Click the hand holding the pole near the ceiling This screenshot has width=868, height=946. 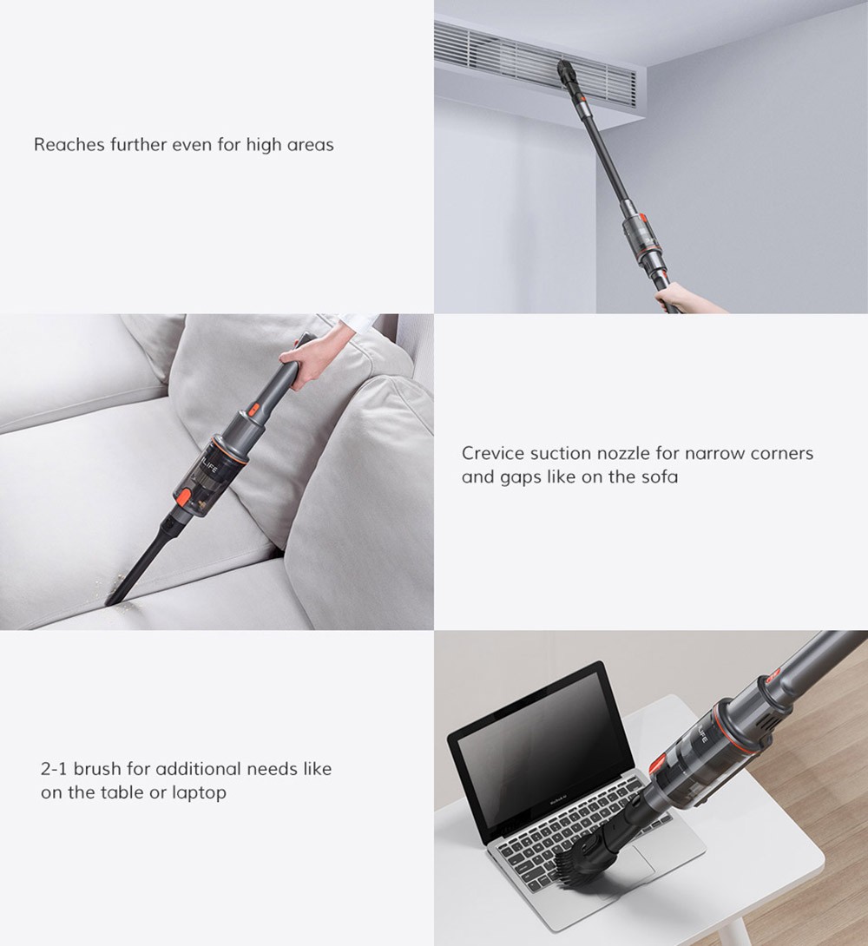pos(687,298)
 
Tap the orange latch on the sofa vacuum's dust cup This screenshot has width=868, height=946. pos(185,499)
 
